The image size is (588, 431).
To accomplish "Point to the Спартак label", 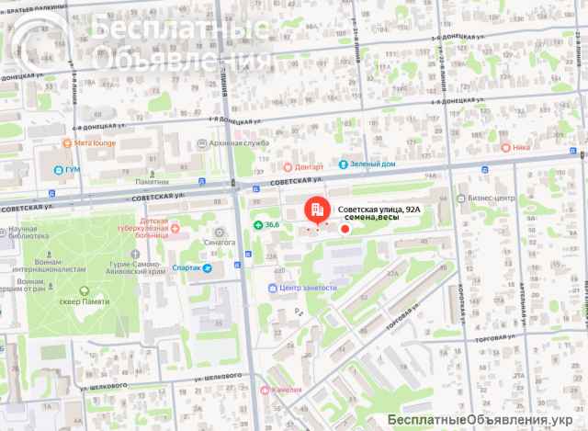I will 188,268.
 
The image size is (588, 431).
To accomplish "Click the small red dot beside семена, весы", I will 345,227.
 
